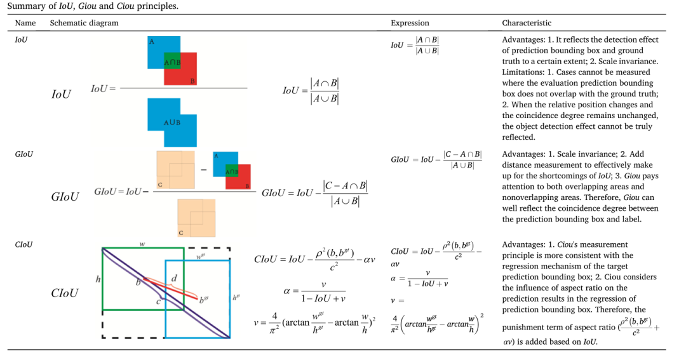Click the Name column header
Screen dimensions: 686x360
tap(25, 23)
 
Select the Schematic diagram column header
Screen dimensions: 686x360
tap(84, 23)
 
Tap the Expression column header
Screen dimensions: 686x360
tap(410, 23)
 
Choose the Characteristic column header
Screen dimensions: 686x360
tap(527, 23)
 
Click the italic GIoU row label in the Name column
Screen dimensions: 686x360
tap(24, 154)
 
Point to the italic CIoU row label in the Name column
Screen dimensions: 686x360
tap(24, 244)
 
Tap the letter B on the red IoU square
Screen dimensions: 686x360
tap(192, 81)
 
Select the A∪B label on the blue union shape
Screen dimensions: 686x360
tap(172, 123)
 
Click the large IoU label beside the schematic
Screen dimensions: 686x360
tap(61, 95)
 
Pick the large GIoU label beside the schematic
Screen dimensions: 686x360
tap(65, 197)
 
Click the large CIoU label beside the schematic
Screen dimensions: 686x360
tap(65, 293)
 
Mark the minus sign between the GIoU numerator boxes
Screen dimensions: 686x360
tap(204, 170)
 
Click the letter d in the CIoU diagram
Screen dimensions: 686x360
tap(174, 278)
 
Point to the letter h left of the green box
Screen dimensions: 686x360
tap(98, 279)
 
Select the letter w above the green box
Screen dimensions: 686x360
tap(142, 244)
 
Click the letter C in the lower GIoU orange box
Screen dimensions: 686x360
tap(180, 233)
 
